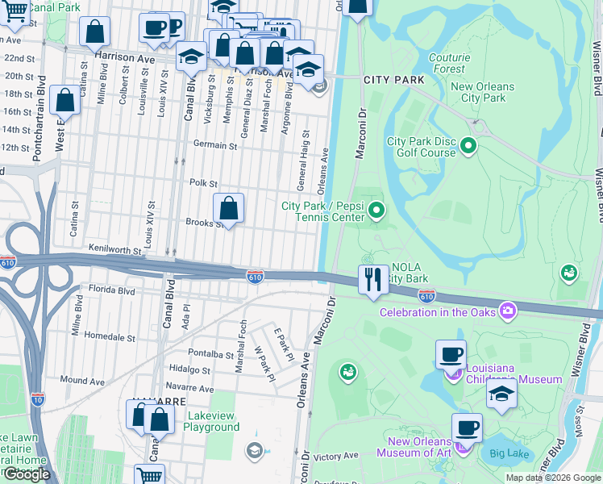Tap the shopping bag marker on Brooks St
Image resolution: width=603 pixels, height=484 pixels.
pyautogui.click(x=229, y=208)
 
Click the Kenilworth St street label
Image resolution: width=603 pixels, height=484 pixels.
pyautogui.click(x=115, y=249)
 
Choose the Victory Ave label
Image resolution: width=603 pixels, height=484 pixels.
pyautogui.click(x=335, y=456)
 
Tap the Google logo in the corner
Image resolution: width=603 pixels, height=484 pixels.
pyautogui.click(x=27, y=474)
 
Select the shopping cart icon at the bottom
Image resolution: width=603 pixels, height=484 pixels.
pyautogui.click(x=149, y=476)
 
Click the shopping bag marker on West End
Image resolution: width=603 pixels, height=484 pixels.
pyautogui.click(x=65, y=101)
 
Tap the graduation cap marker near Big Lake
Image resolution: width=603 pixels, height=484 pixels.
pyautogui.click(x=501, y=395)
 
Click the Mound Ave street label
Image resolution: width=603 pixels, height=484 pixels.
pyautogui.click(x=82, y=380)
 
